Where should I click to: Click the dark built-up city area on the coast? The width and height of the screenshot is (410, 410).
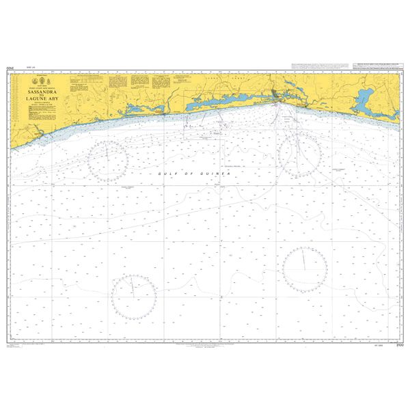pos(277,100)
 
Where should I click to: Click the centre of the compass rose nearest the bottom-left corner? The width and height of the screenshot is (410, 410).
pos(135,295)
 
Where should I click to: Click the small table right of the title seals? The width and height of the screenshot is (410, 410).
pos(84,81)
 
